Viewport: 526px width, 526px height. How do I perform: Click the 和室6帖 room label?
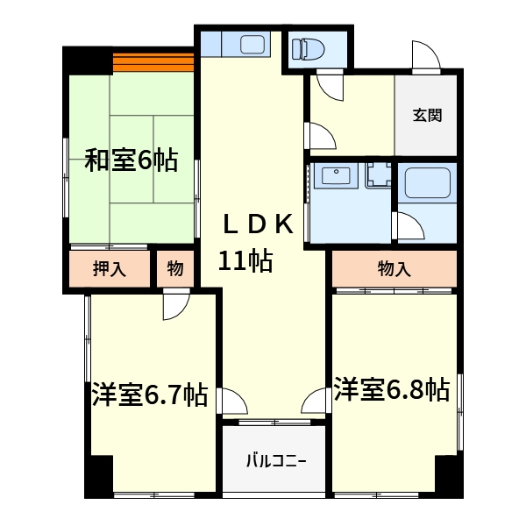point(131,160)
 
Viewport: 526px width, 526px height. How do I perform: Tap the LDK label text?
point(257,225)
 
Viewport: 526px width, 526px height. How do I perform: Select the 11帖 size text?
point(245,260)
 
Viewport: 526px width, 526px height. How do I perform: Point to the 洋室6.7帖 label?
point(150,394)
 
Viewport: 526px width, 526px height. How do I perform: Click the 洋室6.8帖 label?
point(391,389)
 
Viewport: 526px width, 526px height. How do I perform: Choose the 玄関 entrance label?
point(427,115)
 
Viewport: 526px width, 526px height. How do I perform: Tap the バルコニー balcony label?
point(274,460)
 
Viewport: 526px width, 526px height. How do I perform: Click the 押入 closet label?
point(110,269)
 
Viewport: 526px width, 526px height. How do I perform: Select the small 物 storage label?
point(174,269)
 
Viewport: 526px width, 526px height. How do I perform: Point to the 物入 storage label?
point(394,269)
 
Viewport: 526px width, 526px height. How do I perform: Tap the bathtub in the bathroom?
point(427,184)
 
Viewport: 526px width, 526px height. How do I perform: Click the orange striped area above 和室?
point(153,62)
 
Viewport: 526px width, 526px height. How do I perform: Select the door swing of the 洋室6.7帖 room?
point(174,304)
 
